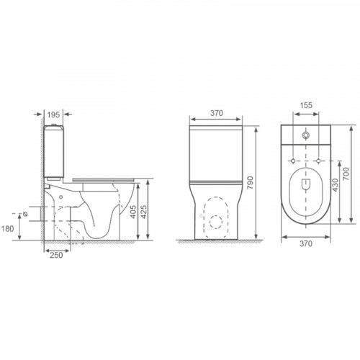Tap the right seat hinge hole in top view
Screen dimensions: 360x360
coord(319,160)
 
